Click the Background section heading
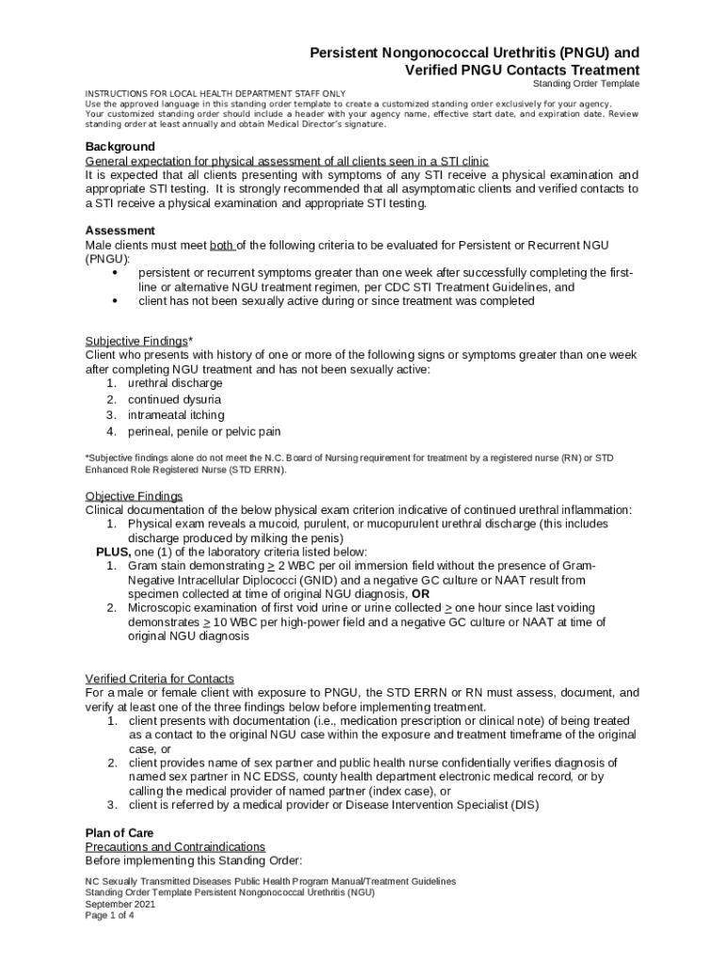pos(120,147)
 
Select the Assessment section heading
pos(120,231)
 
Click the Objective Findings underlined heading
pos(134,496)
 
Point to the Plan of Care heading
pos(120,833)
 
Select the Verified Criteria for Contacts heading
pos(160,679)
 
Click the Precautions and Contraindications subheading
pos(175,847)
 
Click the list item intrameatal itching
pos(176,415)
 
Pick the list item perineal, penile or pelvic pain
pos(204,431)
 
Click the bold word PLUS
pos(112,552)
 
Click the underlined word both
pos(221,246)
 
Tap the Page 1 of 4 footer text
pos(109,915)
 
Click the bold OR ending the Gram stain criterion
pos(421,594)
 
